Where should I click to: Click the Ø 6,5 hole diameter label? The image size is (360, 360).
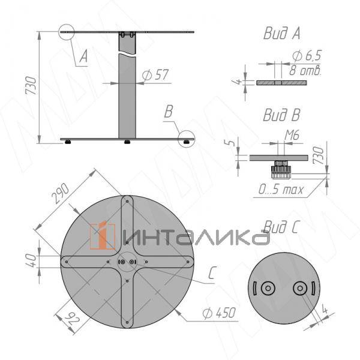(307, 56)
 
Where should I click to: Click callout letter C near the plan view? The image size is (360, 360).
(211, 274)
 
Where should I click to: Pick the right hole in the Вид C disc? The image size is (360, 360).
(299, 288)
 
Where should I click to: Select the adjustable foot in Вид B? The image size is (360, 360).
(280, 172)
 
